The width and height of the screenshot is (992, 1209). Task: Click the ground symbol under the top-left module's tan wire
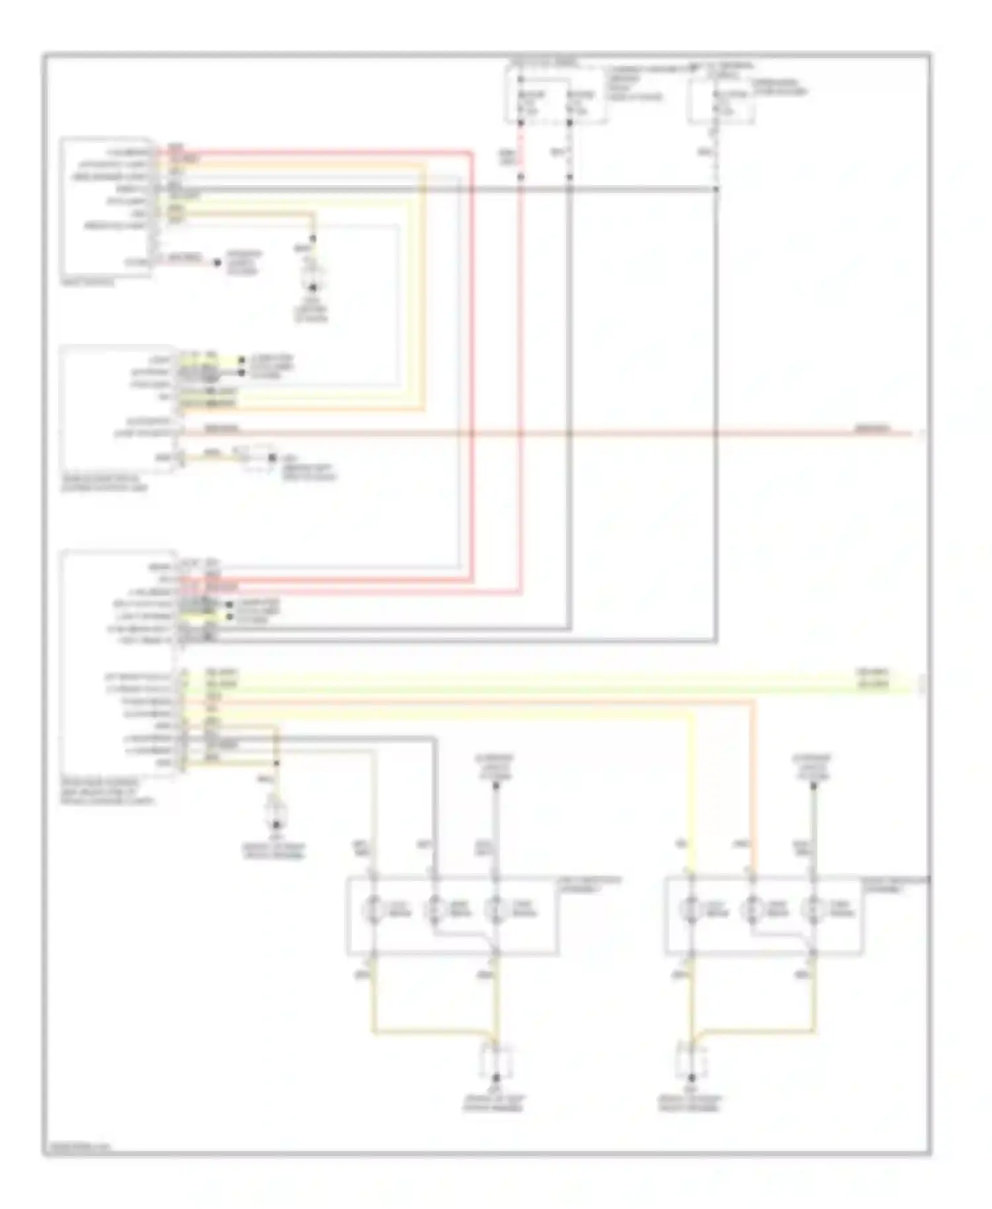click(313, 288)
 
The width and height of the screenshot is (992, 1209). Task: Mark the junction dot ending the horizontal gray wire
click(716, 190)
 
